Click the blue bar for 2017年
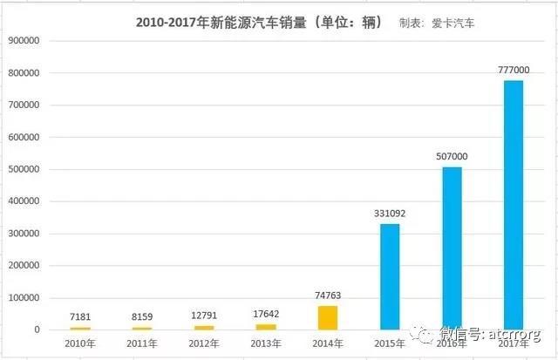click(x=513, y=205)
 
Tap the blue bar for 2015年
click(x=389, y=276)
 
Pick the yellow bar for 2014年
click(x=327, y=317)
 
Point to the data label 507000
click(x=452, y=157)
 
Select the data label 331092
click(x=389, y=214)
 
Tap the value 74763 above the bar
click(x=327, y=296)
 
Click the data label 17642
click(x=265, y=315)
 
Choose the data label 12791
click(x=203, y=316)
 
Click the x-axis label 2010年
click(x=79, y=343)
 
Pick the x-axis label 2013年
click(x=265, y=343)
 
